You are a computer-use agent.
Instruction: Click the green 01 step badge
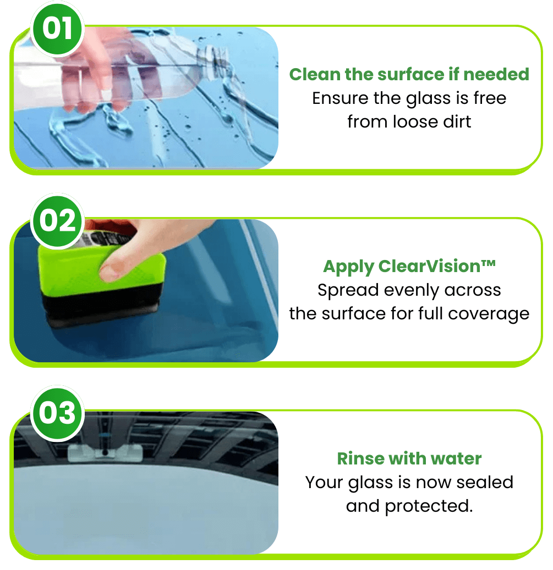(57, 28)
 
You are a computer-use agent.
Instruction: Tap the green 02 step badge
(57, 220)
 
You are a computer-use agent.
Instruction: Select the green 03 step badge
(57, 413)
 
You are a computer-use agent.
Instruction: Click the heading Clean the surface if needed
(409, 74)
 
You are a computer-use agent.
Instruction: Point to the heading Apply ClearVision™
(409, 267)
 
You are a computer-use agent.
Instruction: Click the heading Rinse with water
(409, 458)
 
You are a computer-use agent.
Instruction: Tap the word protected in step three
(429, 506)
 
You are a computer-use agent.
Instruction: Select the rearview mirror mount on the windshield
(104, 452)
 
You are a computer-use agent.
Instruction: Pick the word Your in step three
(325, 482)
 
